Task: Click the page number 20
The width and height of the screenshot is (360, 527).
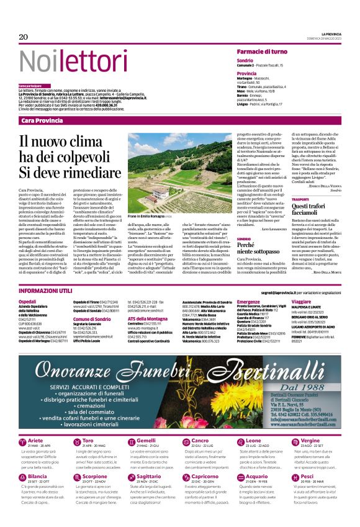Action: click(24, 37)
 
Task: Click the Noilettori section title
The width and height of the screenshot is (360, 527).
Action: click(68, 60)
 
